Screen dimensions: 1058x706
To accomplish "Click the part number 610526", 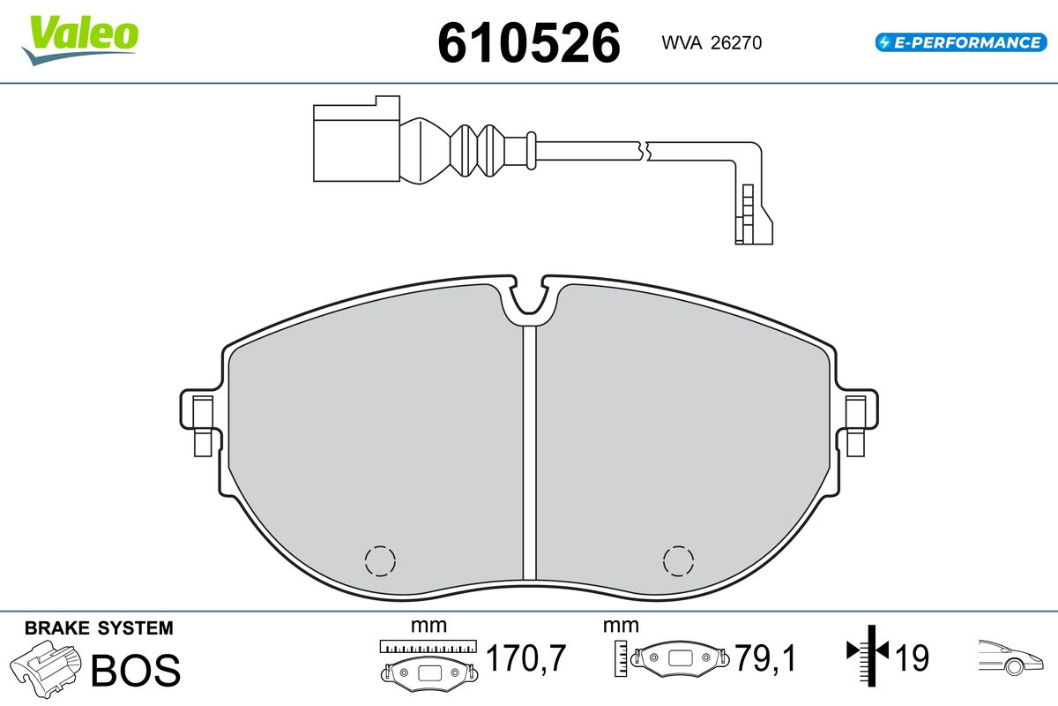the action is pos(529,43).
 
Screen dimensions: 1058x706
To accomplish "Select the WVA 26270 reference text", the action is pos(712,43).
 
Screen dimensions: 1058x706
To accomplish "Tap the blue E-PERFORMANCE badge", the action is pos(961,42).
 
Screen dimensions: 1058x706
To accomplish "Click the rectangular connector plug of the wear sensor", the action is pos(356,139).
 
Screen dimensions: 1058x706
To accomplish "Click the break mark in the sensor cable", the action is pos(644,151).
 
